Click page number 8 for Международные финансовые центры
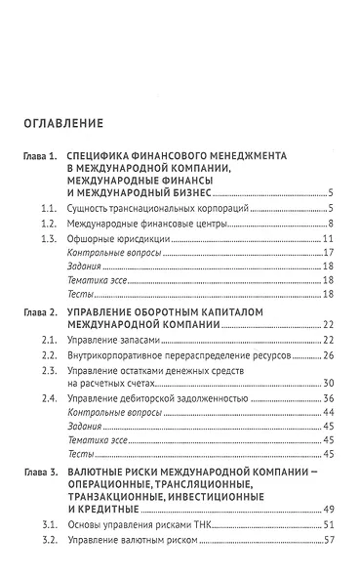[333, 225]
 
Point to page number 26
[330, 356]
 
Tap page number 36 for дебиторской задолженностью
[330, 397]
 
